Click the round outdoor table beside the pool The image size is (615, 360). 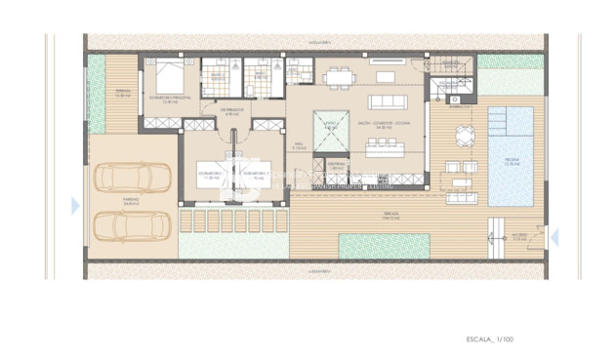[465, 135]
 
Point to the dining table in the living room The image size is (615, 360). [340, 75]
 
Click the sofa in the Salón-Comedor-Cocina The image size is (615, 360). [387, 101]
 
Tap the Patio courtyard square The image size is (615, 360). [331, 129]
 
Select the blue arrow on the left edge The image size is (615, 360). [75, 205]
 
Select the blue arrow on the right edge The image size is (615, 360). [554, 236]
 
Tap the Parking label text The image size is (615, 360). [131, 202]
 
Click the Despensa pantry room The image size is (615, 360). [336, 168]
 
